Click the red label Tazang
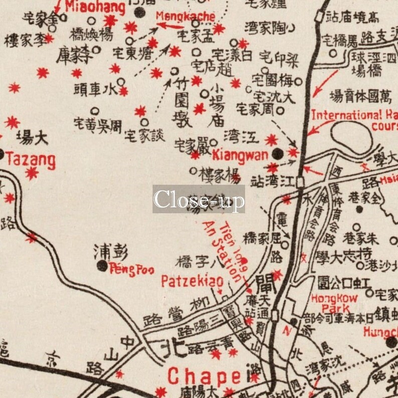30,160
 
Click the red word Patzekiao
192,282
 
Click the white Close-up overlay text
198,200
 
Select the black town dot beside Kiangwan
277,153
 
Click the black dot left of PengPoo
102,266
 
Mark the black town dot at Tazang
2,154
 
